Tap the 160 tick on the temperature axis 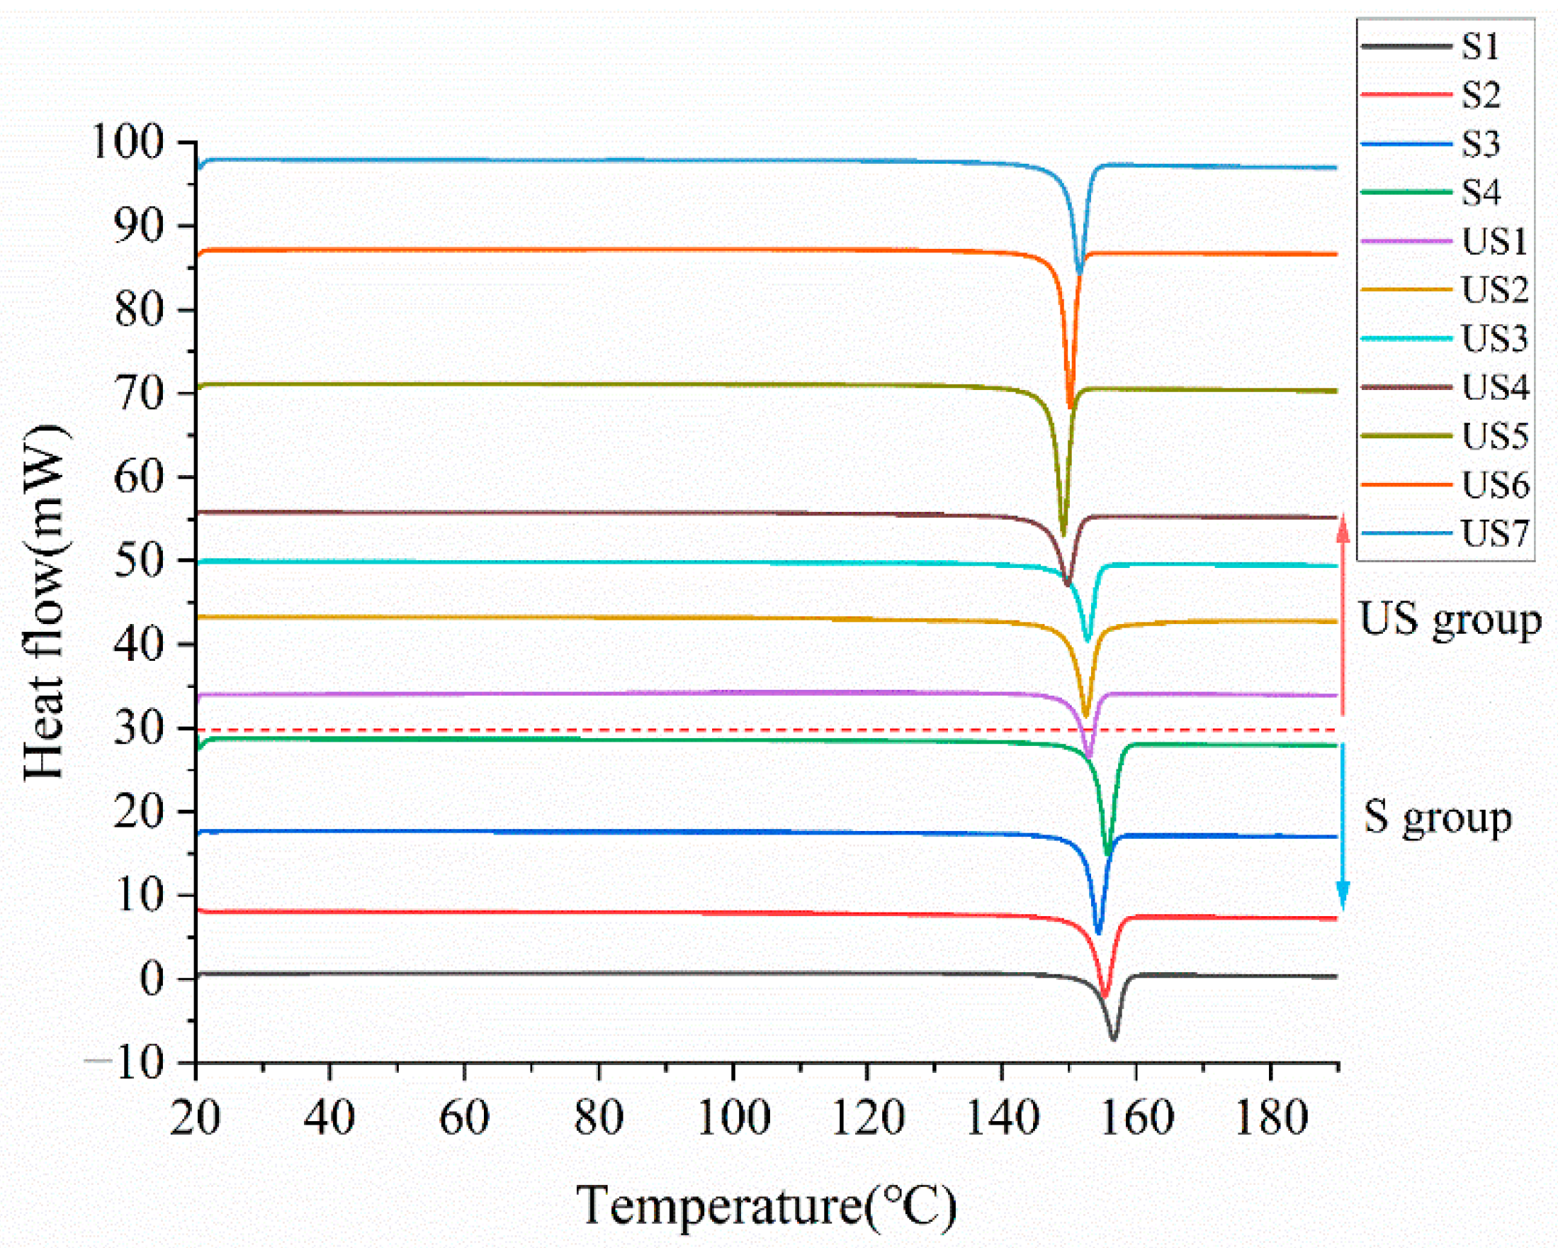(x=1136, y=1117)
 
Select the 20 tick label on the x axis (x=196, y=1117)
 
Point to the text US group (x=1450, y=620)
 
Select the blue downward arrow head (x=1343, y=898)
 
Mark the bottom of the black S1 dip (x=1114, y=1038)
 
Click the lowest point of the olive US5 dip (x=1062, y=534)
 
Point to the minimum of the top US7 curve (x=1080, y=273)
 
